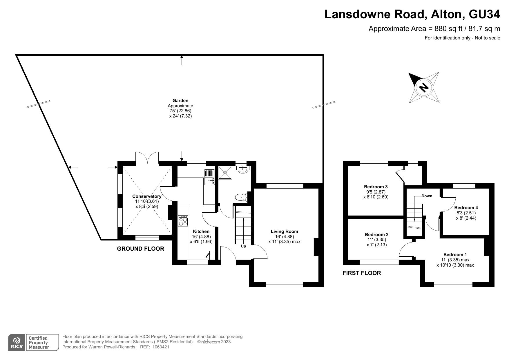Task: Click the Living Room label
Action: tap(284, 231)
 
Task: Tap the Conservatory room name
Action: tap(147, 196)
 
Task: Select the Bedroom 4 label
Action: tap(466, 207)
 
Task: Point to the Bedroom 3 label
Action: tap(376, 187)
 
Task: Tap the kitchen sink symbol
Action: tap(209, 177)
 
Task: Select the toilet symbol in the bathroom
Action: tap(241, 197)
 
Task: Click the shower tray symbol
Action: tap(225, 173)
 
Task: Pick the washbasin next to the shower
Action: tap(243, 170)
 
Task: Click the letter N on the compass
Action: tap(424, 87)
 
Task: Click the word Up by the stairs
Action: tap(243, 246)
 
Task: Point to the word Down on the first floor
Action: tap(427, 196)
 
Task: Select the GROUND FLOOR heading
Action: tap(140, 249)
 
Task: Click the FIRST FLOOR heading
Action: tap(362, 273)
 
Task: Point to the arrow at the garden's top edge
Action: tap(182, 60)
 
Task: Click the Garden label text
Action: tap(180, 101)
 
